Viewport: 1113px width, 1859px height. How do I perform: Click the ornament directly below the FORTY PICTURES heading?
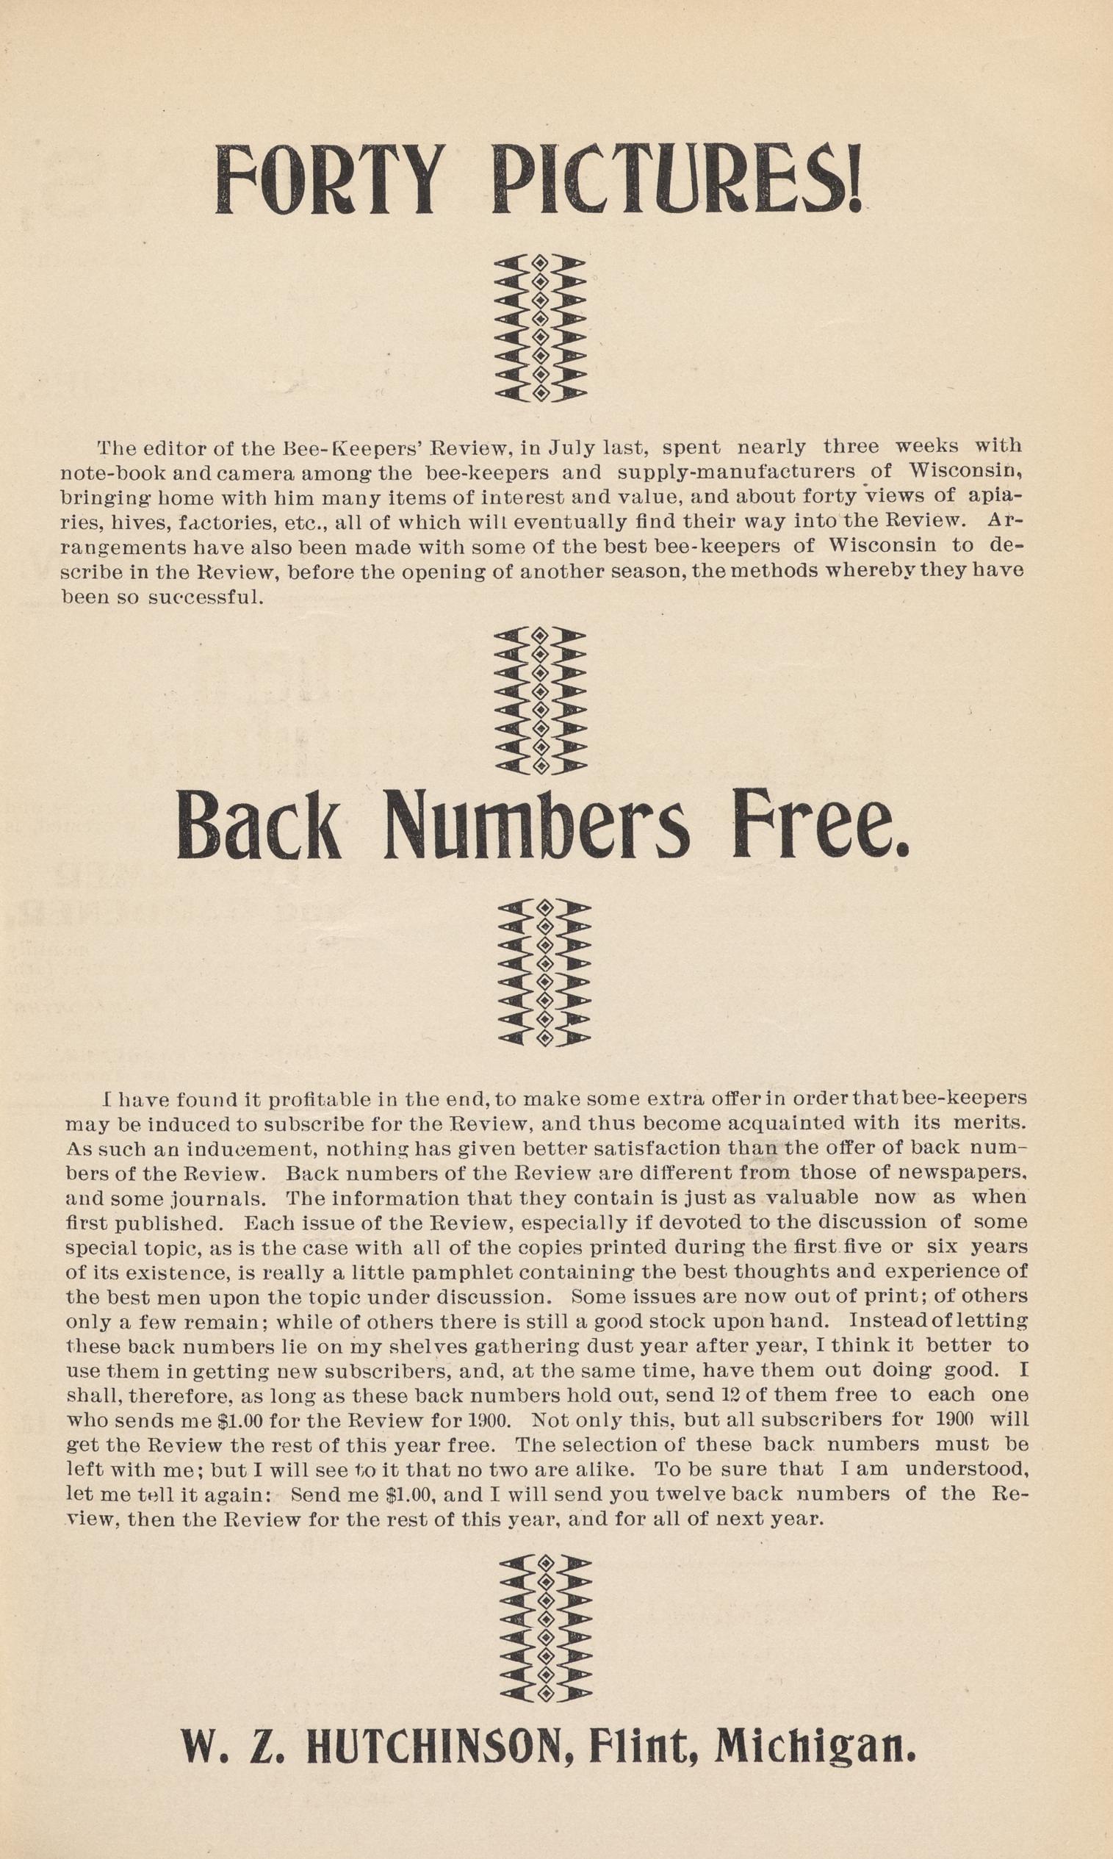tap(540, 327)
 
